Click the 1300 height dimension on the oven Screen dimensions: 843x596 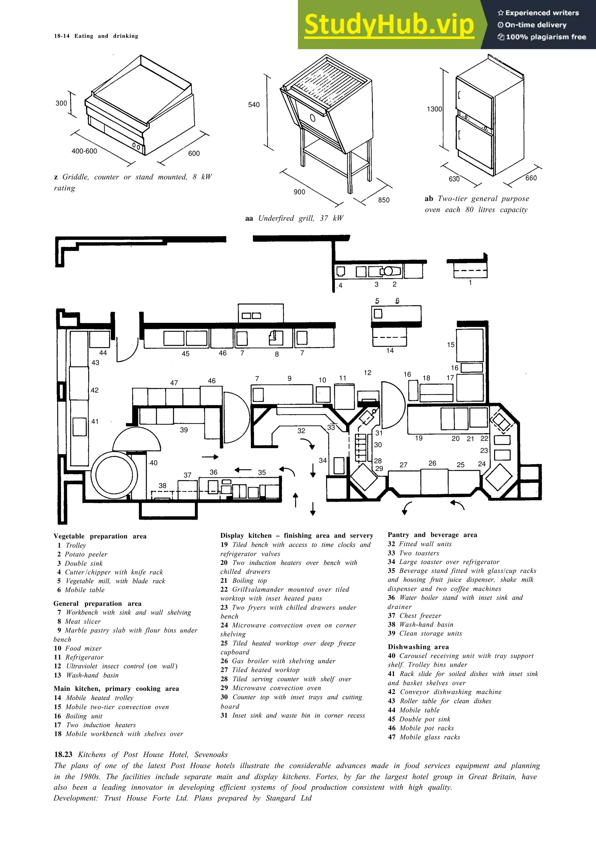point(434,109)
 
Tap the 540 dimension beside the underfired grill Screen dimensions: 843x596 point(254,105)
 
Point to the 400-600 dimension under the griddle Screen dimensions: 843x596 point(84,151)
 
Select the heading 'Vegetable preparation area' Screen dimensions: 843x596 point(100,536)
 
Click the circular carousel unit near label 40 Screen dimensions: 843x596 point(114,475)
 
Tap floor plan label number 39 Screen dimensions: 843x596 point(184,430)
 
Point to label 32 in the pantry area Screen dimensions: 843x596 point(301,431)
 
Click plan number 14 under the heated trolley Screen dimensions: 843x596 point(390,351)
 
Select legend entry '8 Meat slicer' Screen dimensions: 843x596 point(79,621)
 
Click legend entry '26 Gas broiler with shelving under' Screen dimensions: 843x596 point(278,661)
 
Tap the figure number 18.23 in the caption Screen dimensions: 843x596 point(63,755)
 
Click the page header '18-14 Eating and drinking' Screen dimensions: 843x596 point(96,36)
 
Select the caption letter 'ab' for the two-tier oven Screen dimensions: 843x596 point(429,199)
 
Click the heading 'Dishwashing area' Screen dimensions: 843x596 point(418,647)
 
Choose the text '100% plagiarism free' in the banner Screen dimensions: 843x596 point(546,37)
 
